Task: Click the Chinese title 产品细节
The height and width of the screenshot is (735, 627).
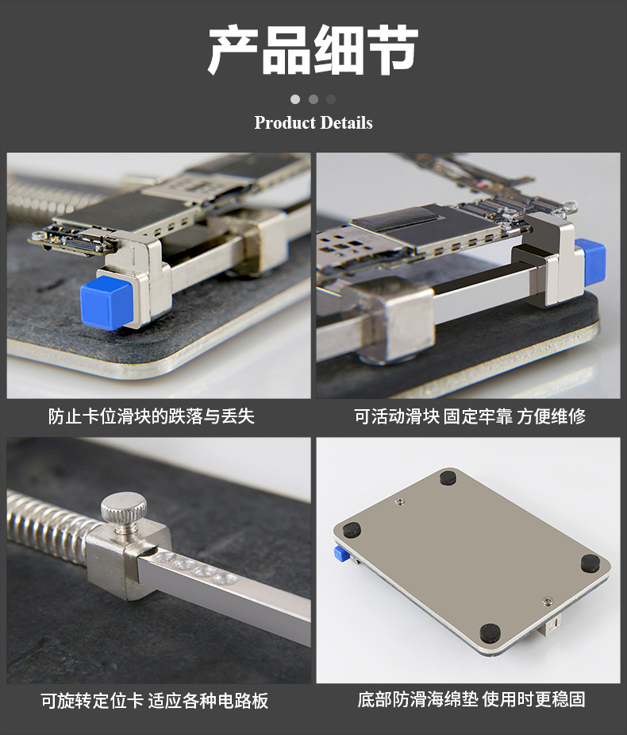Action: point(313,50)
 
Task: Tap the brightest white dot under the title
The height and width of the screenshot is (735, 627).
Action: point(295,99)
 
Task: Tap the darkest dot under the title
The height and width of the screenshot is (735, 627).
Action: point(331,99)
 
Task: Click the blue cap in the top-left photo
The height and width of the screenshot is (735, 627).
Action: point(107,303)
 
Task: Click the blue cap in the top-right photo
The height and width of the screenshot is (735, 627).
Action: point(590,260)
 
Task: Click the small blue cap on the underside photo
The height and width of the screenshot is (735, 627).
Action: point(342,554)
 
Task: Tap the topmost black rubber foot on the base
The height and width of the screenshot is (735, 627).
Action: point(448,478)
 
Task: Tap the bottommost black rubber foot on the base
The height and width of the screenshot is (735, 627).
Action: point(490,633)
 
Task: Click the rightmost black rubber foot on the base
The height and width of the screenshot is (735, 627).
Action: point(590,563)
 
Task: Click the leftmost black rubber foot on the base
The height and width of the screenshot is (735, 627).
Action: point(352,530)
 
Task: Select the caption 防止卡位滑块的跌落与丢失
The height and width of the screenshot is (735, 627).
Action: point(152,416)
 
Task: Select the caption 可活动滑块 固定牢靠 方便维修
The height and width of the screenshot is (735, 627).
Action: point(470,416)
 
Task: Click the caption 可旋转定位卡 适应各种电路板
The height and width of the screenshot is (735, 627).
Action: point(155,701)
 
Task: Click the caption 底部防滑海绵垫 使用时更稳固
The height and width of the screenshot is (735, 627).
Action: point(471,699)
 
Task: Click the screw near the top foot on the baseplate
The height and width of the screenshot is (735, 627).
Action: point(400,502)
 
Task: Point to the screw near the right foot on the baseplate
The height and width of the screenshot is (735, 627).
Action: point(548,601)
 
